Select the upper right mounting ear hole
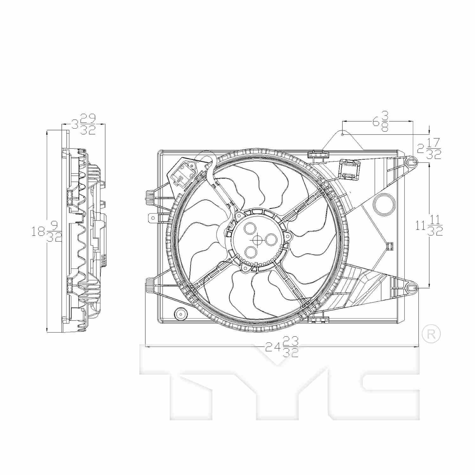pyautogui.click(x=411, y=162)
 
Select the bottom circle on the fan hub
pyautogui.click(x=251, y=251)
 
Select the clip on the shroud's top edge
pyautogui.click(x=318, y=154)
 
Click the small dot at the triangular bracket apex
pyautogui.click(x=342, y=134)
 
